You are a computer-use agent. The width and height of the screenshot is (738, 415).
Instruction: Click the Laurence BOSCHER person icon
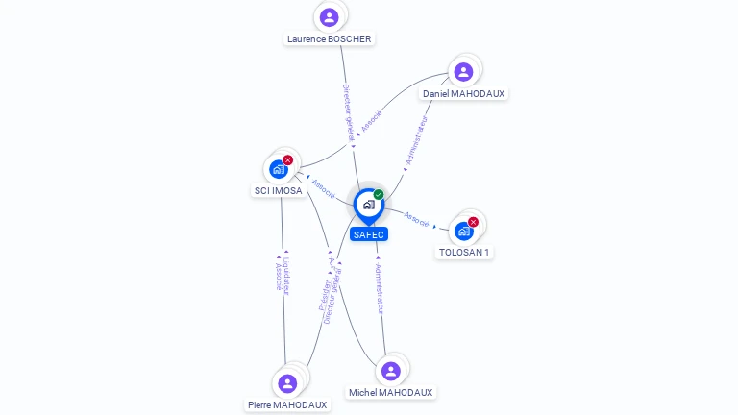point(330,16)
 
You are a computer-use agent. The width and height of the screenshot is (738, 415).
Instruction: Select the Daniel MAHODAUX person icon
point(463,71)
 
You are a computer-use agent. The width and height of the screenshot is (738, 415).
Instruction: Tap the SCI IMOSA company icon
point(279,169)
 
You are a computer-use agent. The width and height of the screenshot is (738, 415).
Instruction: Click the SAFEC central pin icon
point(368,205)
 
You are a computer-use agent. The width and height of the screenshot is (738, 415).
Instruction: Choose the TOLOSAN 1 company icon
point(464,231)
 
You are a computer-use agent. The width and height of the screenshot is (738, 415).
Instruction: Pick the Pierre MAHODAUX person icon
point(287,383)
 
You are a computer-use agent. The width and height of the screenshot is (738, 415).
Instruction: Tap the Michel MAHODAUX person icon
point(390,371)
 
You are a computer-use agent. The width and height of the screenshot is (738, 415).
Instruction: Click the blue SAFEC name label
point(368,234)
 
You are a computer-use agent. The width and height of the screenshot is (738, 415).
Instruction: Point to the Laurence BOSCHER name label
point(330,39)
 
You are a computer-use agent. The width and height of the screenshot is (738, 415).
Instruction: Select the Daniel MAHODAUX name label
point(463,94)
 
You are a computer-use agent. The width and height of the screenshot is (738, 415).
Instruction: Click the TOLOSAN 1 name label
point(464,253)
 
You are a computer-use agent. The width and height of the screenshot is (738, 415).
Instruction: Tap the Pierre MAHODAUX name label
point(287,405)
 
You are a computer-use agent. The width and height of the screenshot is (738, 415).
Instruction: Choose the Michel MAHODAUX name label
point(390,393)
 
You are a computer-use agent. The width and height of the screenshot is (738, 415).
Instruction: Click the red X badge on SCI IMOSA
point(288,159)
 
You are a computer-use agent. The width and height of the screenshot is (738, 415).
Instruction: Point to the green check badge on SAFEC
point(379,194)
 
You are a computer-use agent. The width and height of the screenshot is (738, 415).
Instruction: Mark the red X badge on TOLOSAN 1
point(473,222)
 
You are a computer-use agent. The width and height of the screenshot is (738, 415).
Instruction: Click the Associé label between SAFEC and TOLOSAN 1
point(417,219)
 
